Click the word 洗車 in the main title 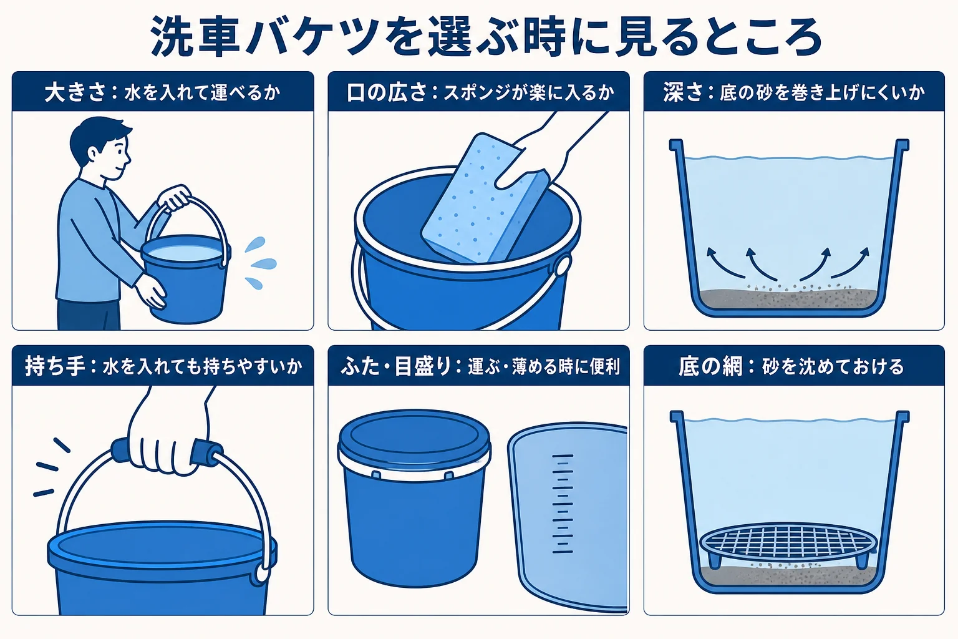pyautogui.click(x=195, y=36)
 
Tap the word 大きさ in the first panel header pyautogui.click(x=75, y=92)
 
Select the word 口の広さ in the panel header pyautogui.click(x=387, y=92)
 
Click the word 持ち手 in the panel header pyautogui.click(x=56, y=366)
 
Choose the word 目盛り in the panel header pyautogui.click(x=423, y=366)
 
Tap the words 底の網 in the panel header pyautogui.click(x=710, y=366)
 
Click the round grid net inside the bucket pyautogui.click(x=788, y=542)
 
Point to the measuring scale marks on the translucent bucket pyautogui.click(x=563, y=504)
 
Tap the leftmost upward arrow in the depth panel pyautogui.click(x=720, y=263)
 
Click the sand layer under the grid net pyautogui.click(x=788, y=573)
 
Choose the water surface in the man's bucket pyautogui.click(x=185, y=253)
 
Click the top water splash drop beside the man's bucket pyautogui.click(x=255, y=244)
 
